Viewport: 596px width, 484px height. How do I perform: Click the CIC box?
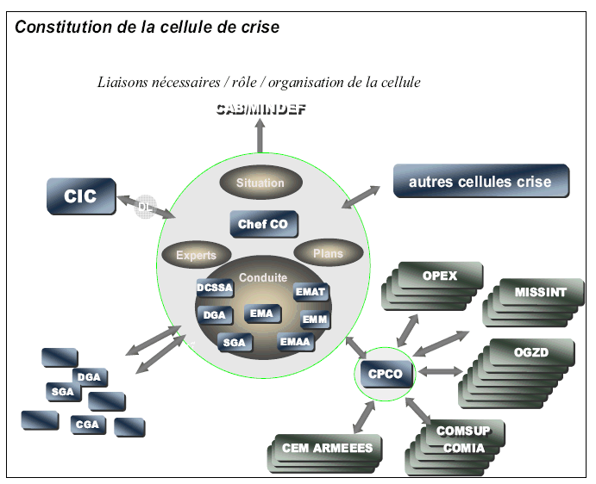tap(81, 196)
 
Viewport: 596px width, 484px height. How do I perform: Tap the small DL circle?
tap(145, 207)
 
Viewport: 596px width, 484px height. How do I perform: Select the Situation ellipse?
tap(260, 183)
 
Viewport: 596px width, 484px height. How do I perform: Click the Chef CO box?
tap(263, 225)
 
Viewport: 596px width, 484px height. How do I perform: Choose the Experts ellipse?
tap(196, 255)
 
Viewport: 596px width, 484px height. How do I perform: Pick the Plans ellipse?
tap(327, 253)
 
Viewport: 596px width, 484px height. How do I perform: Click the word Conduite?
tap(262, 278)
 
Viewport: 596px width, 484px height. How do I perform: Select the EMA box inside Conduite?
tap(261, 314)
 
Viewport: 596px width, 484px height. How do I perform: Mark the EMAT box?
tap(311, 292)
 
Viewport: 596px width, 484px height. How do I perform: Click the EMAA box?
tap(295, 342)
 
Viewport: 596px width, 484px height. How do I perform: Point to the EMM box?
tap(313, 320)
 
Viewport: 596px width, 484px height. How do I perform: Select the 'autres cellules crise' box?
tap(480, 182)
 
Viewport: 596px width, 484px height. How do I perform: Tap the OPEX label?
tap(440, 276)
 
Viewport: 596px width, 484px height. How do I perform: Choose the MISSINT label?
tap(541, 292)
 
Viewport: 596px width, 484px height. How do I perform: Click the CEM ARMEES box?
tap(327, 448)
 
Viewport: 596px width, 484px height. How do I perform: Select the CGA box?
tap(87, 424)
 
